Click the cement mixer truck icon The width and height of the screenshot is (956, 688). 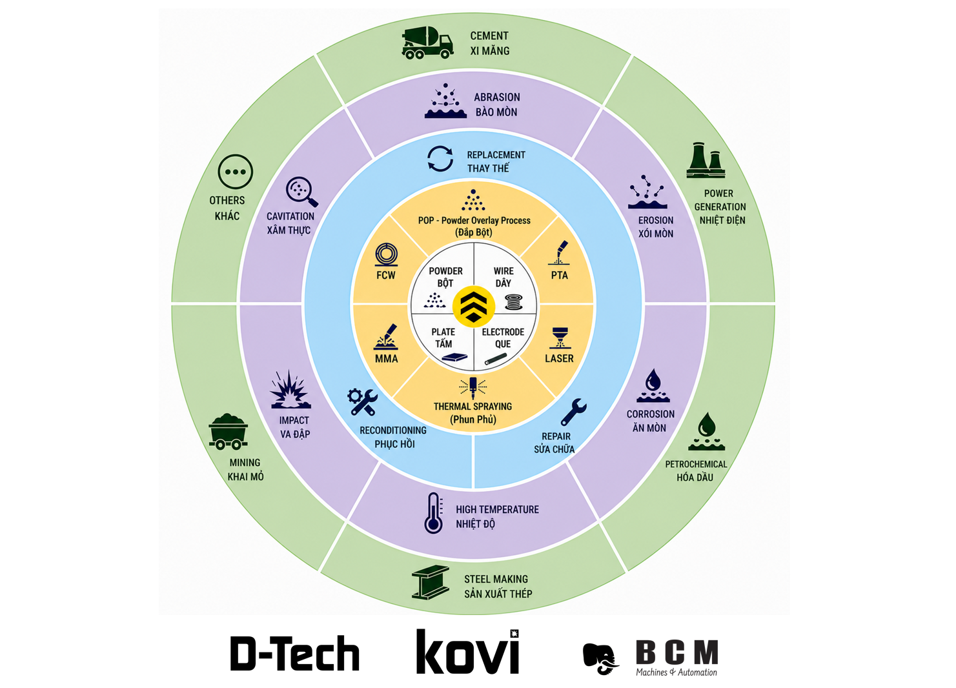[x=427, y=42]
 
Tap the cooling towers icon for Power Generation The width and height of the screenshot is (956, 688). [x=706, y=160]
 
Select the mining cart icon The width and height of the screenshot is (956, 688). [x=229, y=431]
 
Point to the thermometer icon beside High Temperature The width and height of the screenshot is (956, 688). [x=433, y=513]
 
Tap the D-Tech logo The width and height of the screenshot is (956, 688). [x=295, y=653]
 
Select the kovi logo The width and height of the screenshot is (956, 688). [x=468, y=652]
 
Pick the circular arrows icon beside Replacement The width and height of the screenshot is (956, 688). [x=440, y=159]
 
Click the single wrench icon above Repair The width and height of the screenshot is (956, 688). [x=574, y=412]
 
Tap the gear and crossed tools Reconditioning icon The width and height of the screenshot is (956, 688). [x=362, y=402]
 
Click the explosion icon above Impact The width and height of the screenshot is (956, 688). [x=290, y=389]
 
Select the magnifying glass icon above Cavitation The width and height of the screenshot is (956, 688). [x=301, y=192]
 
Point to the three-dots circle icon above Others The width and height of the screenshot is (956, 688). [x=235, y=172]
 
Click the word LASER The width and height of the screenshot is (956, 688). [x=559, y=358]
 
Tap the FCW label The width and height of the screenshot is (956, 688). [x=386, y=276]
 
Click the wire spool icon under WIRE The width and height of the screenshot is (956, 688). [x=513, y=302]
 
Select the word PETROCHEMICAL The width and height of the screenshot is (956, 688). [x=696, y=464]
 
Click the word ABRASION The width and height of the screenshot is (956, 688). [x=497, y=97]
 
